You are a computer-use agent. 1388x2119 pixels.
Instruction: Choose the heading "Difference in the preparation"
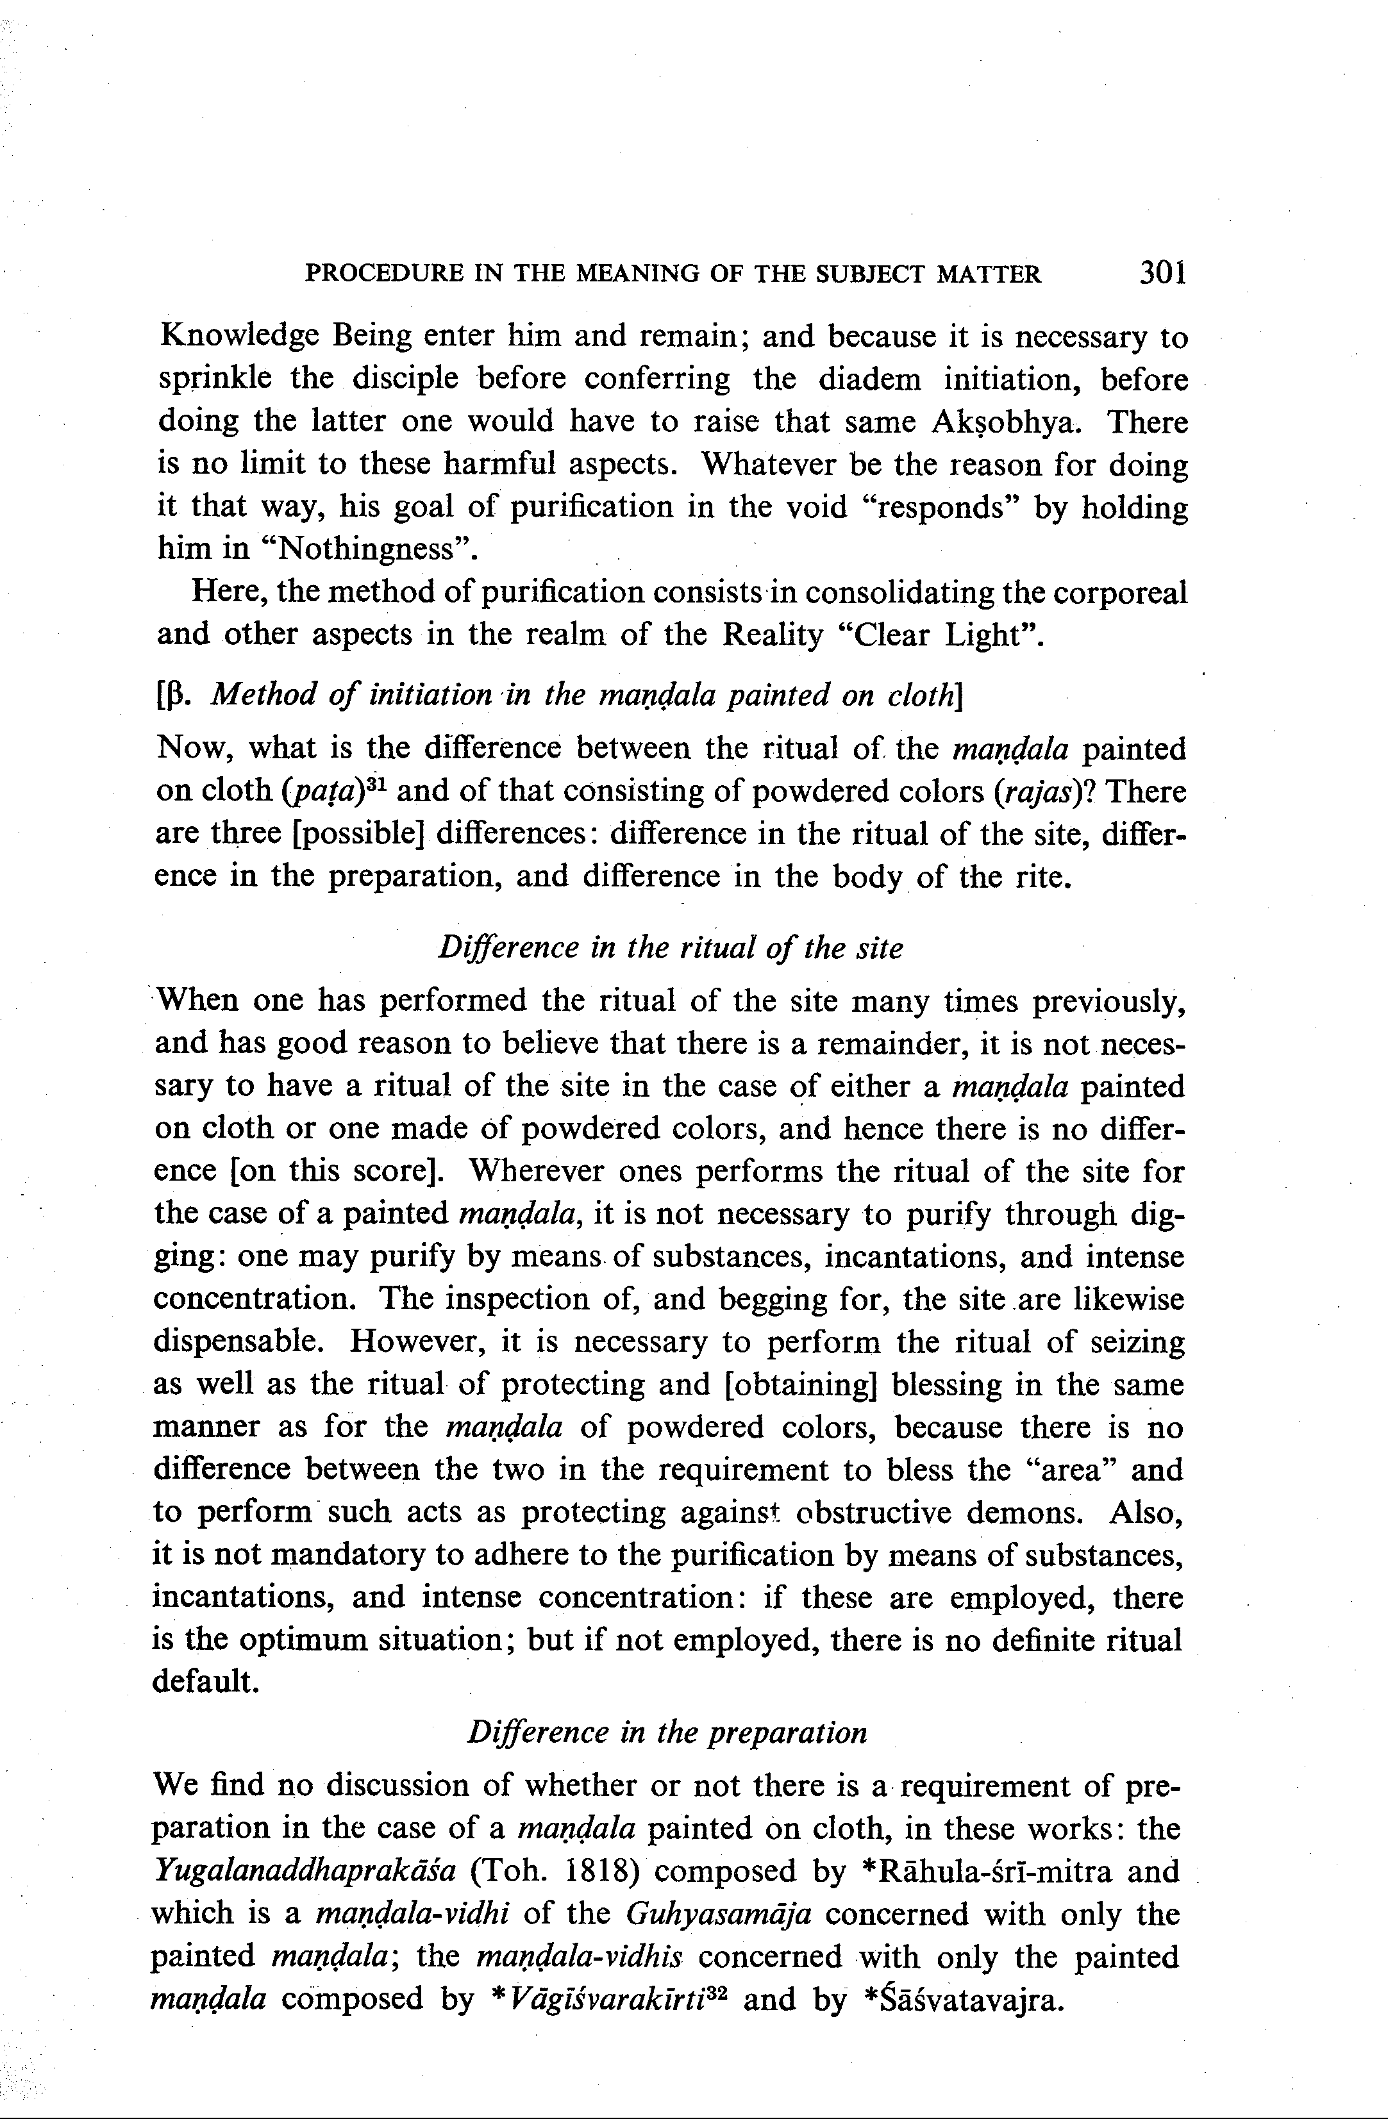(x=667, y=1732)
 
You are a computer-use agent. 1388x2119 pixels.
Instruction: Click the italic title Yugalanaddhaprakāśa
(x=305, y=1870)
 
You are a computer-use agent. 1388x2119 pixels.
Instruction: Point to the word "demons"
(x=1030, y=1512)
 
